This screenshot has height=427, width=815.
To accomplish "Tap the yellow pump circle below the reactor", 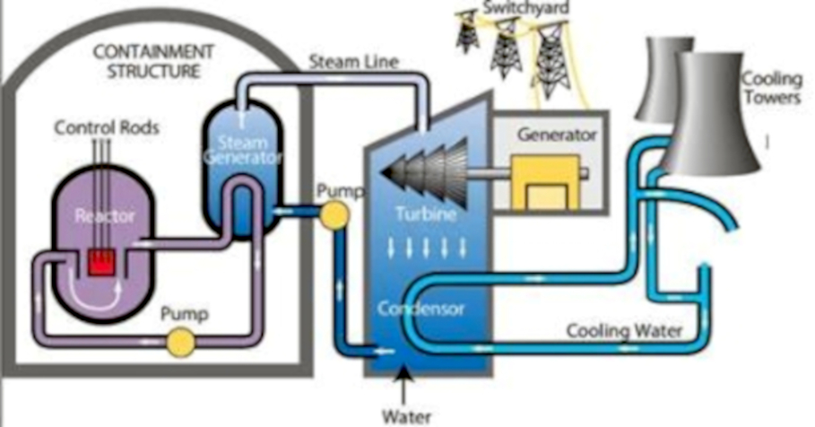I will [x=181, y=341].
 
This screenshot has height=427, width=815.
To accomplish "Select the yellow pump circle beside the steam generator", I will [x=334, y=213].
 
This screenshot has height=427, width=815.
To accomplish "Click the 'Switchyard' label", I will [x=514, y=8].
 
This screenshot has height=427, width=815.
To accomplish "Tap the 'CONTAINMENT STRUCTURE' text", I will [x=155, y=61].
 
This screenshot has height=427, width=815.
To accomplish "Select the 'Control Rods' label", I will [x=107, y=128].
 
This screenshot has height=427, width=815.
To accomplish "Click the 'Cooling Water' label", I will [x=624, y=331].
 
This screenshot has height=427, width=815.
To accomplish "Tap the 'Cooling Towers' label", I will [x=771, y=88].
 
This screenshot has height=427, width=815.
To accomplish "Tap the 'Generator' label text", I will [x=557, y=135].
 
